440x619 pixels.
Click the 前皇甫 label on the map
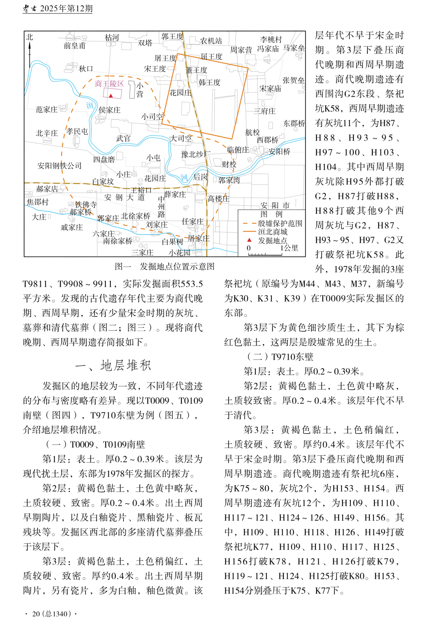[x=75, y=46]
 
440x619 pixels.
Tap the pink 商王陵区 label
[x=109, y=83]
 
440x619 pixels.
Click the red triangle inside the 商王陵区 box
[x=111, y=96]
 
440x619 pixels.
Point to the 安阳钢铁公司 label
[x=59, y=166]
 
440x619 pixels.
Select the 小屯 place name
[x=154, y=158]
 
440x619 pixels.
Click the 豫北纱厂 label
[x=196, y=154]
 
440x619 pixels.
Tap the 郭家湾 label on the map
[x=229, y=180]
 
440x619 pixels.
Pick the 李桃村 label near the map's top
[x=271, y=40]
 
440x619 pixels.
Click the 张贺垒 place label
[x=293, y=80]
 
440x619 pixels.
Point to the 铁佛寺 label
[x=86, y=204]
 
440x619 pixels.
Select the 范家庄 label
[x=46, y=110]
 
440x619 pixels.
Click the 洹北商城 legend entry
[x=273, y=232]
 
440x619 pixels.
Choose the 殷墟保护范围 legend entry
[x=280, y=223]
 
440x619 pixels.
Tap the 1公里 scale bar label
[x=290, y=248]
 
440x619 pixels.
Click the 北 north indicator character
[x=29, y=37]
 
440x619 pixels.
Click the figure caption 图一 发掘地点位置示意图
[x=165, y=266]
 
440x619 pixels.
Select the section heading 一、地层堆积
[x=113, y=365]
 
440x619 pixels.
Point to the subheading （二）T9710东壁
[x=280, y=357]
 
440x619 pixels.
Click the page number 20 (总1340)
[x=52, y=614]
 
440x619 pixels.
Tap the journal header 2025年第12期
[x=66, y=9]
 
